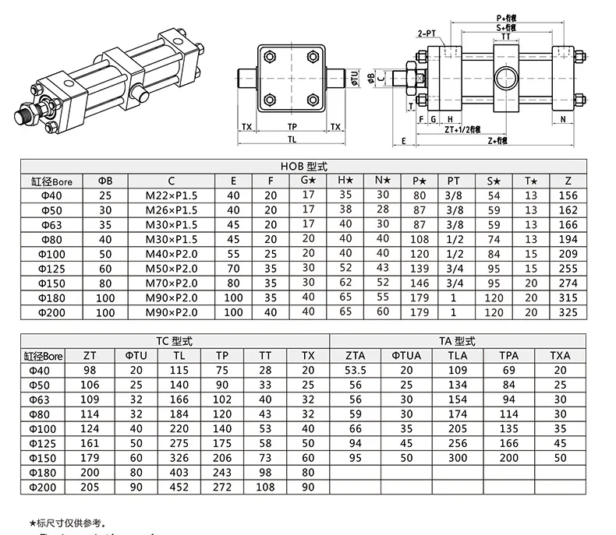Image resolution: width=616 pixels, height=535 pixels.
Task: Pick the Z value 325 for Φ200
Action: (568, 312)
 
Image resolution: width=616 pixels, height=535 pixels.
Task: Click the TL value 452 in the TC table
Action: (180, 487)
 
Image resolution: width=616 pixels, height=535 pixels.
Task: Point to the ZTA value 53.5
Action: (356, 370)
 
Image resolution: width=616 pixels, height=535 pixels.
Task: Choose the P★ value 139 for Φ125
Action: (420, 268)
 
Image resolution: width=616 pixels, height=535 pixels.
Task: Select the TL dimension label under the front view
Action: (292, 141)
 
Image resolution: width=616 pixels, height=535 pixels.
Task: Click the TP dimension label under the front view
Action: (292, 125)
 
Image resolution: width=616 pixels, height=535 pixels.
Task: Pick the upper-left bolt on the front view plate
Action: (270, 56)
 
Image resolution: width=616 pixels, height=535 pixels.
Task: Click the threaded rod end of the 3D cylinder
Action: (23, 117)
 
